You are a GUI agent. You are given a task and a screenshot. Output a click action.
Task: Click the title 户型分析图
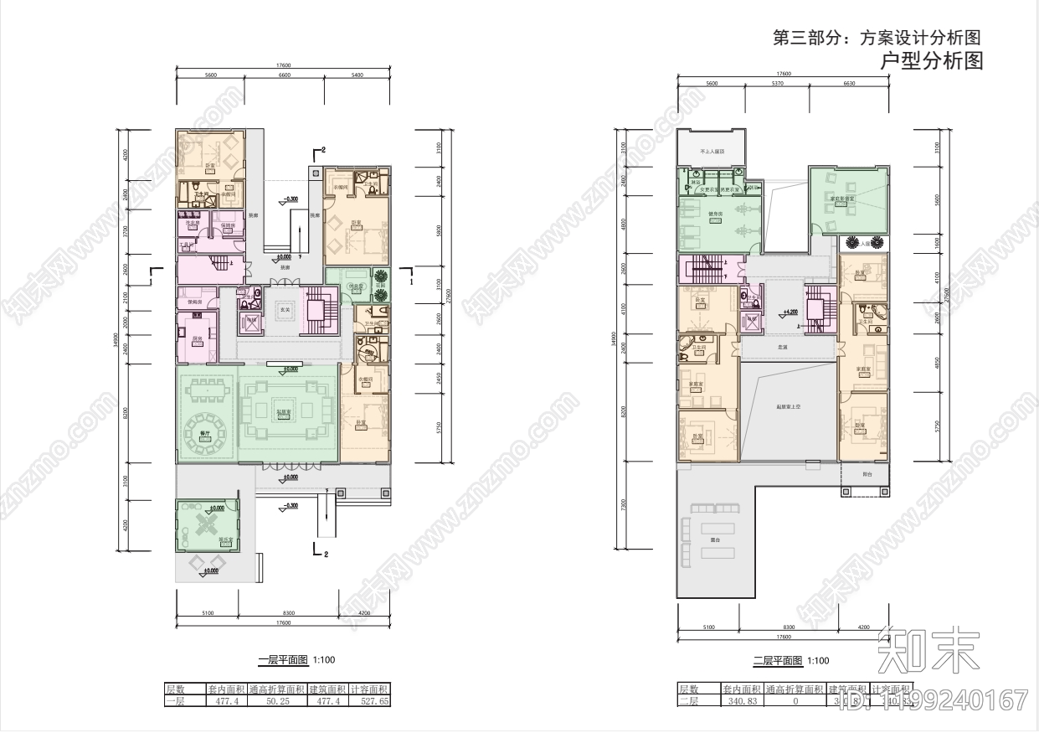coord(933,61)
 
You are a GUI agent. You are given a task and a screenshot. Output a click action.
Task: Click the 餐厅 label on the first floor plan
coord(205,434)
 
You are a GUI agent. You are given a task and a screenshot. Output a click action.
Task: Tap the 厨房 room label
coord(198,338)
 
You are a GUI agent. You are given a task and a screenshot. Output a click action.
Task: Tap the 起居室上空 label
coord(788,406)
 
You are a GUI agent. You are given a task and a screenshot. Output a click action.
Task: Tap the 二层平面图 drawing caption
coord(778,661)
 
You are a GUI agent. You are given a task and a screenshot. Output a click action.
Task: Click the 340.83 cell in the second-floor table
coord(743,701)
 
